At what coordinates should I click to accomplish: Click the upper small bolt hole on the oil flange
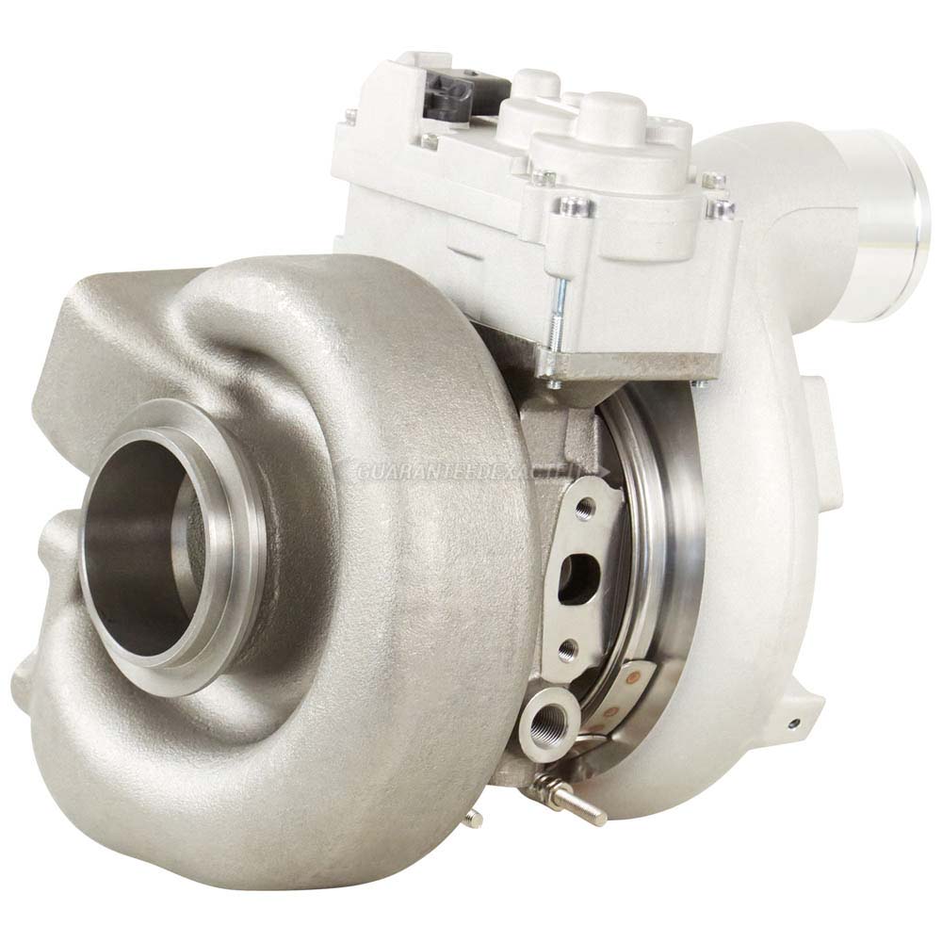tap(588, 510)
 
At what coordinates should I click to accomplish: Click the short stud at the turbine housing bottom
tap(474, 818)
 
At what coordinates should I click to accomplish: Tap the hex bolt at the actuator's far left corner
tap(351, 117)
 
